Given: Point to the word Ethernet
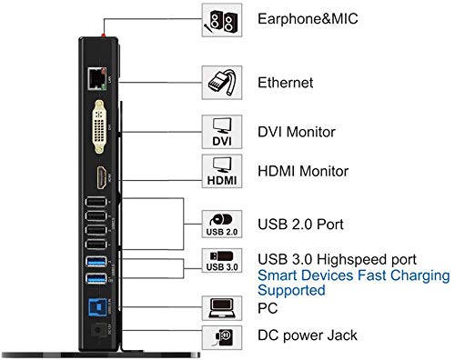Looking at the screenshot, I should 287,83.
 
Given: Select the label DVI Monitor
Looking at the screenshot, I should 298,131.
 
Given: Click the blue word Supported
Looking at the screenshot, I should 291,291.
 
